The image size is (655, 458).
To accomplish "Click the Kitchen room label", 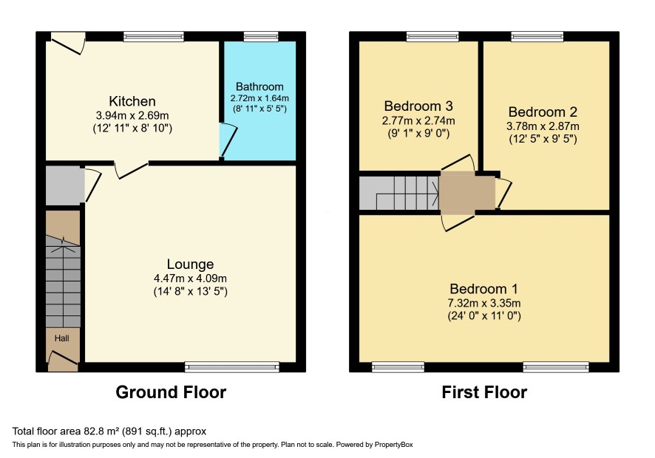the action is pyautogui.click(x=132, y=101).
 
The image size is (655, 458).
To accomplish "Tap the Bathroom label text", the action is pyautogui.click(x=259, y=86).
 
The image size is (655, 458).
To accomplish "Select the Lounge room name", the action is pyautogui.click(x=190, y=264).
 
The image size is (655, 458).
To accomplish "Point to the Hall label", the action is pyautogui.click(x=62, y=338).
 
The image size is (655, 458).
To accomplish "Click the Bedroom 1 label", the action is pyautogui.click(x=483, y=289).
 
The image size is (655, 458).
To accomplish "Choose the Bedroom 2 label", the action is pyautogui.click(x=543, y=112).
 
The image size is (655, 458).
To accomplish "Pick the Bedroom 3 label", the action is pyautogui.click(x=418, y=106).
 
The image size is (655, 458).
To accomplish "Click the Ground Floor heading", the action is pyautogui.click(x=171, y=392).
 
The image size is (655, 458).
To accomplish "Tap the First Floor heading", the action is pyautogui.click(x=484, y=392).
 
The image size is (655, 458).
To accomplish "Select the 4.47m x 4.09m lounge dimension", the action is pyautogui.click(x=190, y=278).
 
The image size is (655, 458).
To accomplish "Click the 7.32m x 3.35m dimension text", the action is pyautogui.click(x=483, y=303).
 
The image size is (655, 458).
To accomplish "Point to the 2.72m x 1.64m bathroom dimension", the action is pyautogui.click(x=259, y=98).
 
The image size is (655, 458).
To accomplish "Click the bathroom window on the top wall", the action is pyautogui.click(x=261, y=37).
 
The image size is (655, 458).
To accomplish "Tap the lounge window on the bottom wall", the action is pyautogui.click(x=232, y=367).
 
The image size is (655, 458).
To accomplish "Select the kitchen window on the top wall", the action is pyautogui.click(x=153, y=37).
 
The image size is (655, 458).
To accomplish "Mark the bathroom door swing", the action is pyautogui.click(x=228, y=140).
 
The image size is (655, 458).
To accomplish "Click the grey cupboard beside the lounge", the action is pyautogui.click(x=65, y=186).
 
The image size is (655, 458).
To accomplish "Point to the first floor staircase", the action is pyautogui.click(x=399, y=193).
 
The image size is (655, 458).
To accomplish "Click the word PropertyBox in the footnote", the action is pyautogui.click(x=393, y=445).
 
